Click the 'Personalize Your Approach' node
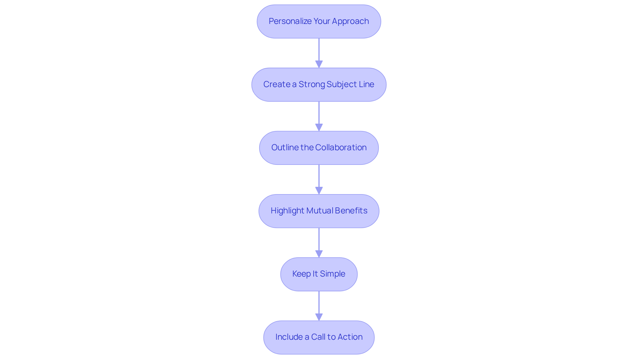coord(319,21)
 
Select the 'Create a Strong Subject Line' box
coord(319,84)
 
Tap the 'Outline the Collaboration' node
coord(319,148)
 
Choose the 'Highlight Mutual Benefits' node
coord(319,211)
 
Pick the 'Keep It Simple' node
coord(319,274)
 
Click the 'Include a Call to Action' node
coord(319,337)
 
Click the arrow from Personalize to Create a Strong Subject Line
coord(319,52)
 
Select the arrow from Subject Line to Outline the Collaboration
coord(319,115)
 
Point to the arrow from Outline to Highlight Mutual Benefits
coord(319,178)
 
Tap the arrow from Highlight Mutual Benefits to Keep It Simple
coord(319,241)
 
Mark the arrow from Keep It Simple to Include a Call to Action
coord(319,304)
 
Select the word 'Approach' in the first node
coord(350,21)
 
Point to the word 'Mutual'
coord(320,211)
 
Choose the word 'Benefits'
coord(351,211)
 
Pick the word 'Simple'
coord(332,274)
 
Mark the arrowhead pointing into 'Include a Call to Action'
coord(319,317)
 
